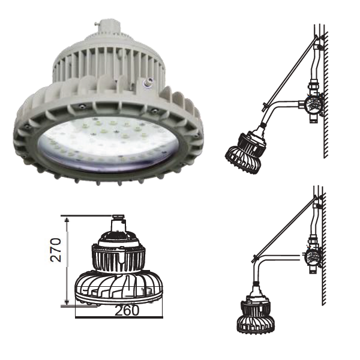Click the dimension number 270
coord(56,250)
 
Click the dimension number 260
coord(127,310)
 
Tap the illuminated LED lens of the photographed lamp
coord(108,143)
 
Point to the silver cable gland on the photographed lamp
coord(148,81)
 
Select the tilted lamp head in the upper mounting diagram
coord(246,152)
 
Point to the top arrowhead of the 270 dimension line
coord(67,220)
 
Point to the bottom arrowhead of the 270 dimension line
coord(67,302)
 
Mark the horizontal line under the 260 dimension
coord(119,317)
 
